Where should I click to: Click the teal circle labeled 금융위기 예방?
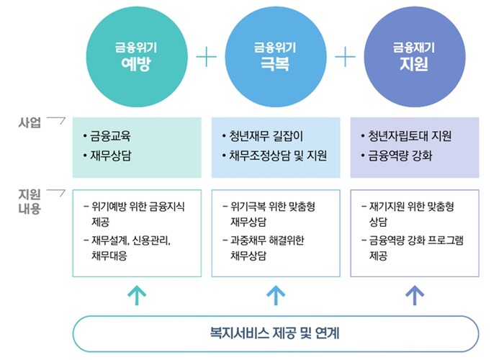(137, 57)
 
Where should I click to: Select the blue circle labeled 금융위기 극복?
(276, 57)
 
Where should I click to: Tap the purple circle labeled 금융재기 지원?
(415, 57)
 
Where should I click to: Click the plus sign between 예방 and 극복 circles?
(207, 57)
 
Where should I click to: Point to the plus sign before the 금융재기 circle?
(345, 57)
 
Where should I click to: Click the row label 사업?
(30, 122)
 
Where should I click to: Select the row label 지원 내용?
(30, 201)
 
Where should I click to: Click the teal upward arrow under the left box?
(137, 295)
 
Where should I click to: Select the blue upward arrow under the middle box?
(276, 295)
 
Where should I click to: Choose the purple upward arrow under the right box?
(415, 295)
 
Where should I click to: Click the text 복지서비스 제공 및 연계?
(275, 333)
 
